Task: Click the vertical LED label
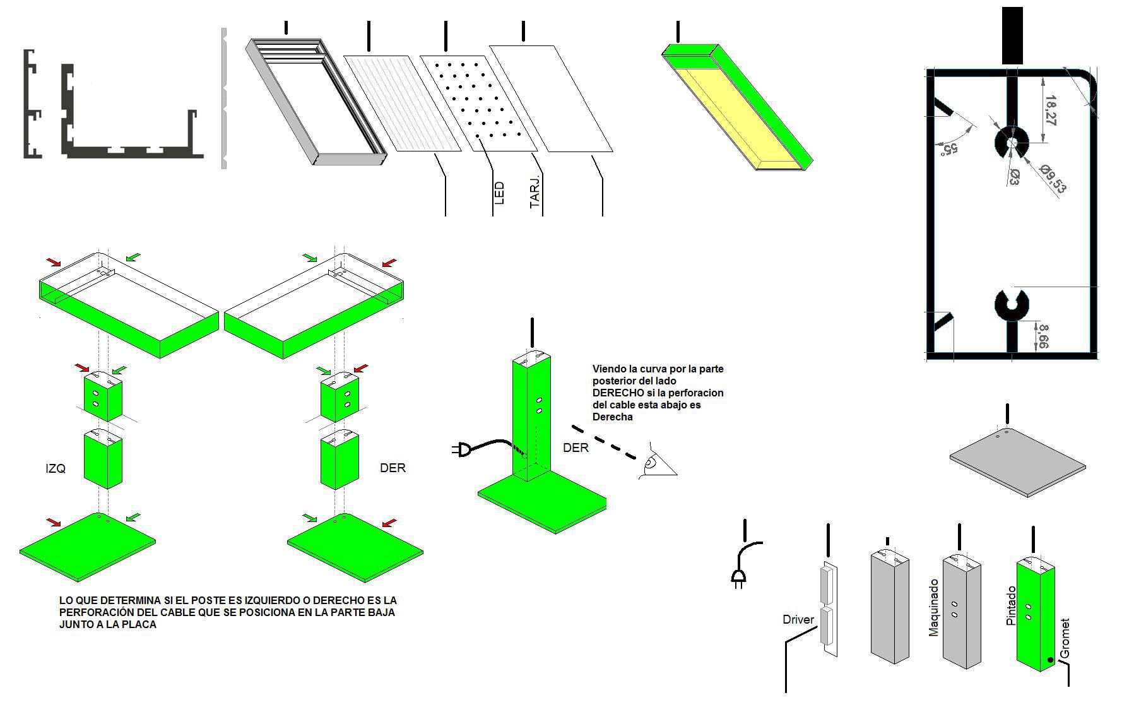(x=500, y=193)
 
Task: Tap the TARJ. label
(x=535, y=192)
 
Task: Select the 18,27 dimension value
(x=1049, y=111)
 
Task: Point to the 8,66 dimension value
(x=1043, y=336)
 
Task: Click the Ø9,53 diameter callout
(x=1052, y=179)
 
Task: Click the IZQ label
(x=56, y=468)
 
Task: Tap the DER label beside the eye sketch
(x=576, y=448)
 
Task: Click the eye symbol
(x=656, y=463)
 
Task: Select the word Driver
(x=798, y=620)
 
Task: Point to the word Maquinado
(x=934, y=608)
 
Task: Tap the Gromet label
(x=1065, y=639)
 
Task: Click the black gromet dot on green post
(x=1050, y=660)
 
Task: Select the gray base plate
(x=1017, y=463)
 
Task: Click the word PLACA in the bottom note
(x=140, y=624)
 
